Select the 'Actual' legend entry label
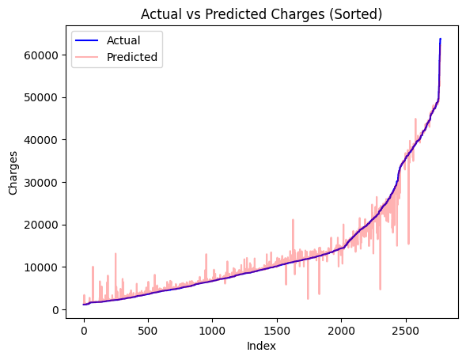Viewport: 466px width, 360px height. point(123,40)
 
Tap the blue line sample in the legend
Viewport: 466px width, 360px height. point(88,40)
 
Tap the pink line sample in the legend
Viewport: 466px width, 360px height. point(88,57)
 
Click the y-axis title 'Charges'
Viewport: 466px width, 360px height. point(13,173)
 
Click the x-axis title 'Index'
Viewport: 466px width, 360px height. point(261,346)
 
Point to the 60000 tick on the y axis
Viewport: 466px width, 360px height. point(41,55)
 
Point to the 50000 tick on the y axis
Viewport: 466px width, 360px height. point(41,97)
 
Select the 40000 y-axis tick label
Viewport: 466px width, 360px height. point(41,140)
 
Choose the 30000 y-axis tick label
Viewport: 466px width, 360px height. point(41,183)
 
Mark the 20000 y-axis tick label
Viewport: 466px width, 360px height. point(41,225)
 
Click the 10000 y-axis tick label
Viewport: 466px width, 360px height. point(41,267)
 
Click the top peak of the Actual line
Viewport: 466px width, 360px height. point(441,39)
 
